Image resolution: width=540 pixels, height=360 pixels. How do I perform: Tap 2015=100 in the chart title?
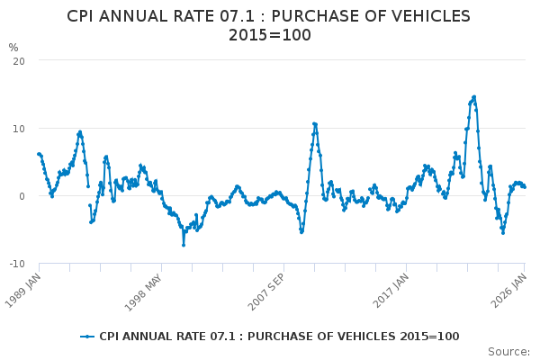point(269,35)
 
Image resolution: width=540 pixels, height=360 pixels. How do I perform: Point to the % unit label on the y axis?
point(13,48)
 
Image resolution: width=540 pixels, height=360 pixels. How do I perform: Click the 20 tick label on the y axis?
point(19,60)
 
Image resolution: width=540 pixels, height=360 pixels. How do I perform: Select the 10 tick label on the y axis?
point(19,128)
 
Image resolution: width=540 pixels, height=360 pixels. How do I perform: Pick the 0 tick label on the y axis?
point(22,196)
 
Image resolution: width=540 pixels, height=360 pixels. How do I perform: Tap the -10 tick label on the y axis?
point(17,264)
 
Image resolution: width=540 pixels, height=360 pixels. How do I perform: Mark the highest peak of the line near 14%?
point(473,97)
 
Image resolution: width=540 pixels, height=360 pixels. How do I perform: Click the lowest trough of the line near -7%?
point(184,245)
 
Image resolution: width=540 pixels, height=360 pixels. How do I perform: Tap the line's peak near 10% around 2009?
point(314,124)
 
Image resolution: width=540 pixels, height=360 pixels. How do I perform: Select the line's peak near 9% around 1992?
point(80,132)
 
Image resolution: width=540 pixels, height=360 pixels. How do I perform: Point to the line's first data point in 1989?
point(39,154)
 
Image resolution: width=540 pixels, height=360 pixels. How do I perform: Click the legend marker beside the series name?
point(87,337)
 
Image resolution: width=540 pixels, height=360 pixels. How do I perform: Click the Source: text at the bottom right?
point(508,352)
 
